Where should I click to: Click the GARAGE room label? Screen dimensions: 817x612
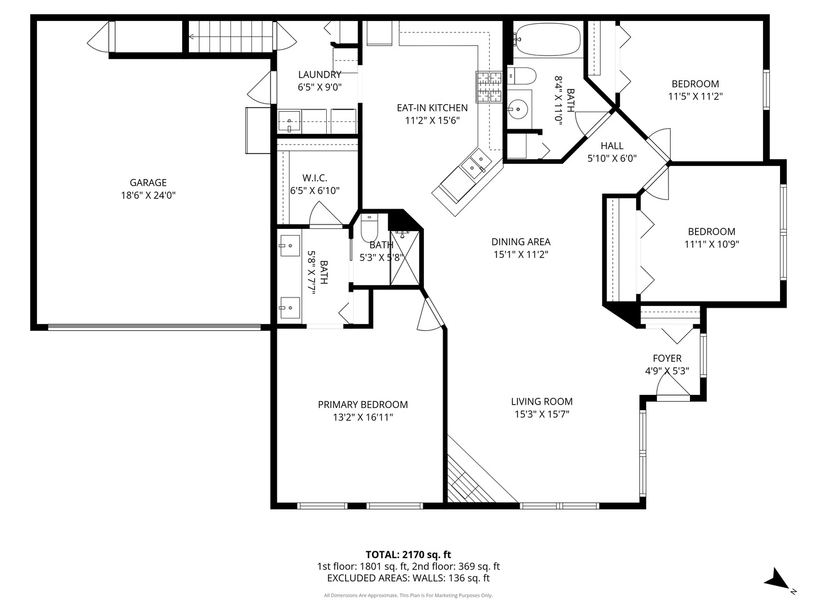tap(148, 182)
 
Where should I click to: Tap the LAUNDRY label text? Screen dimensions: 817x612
tap(320, 75)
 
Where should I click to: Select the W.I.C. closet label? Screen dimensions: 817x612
tap(315, 177)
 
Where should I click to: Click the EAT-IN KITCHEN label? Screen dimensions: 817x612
tap(432, 108)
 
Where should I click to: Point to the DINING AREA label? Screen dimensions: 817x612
tap(521, 242)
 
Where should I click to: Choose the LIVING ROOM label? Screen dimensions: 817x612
tap(542, 401)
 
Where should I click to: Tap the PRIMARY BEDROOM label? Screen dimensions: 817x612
tap(363, 404)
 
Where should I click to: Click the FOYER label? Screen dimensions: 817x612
tap(667, 358)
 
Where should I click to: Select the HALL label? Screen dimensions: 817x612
tap(612, 146)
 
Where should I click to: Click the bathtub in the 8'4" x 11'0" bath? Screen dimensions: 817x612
tap(547, 40)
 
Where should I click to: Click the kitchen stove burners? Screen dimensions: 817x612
tap(488, 87)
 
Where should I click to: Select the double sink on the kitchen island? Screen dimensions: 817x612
tap(476, 164)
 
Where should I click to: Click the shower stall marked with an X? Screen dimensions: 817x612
tap(405, 258)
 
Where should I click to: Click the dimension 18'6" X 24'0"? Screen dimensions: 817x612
tap(148, 195)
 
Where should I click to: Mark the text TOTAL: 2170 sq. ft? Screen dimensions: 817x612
tap(408, 554)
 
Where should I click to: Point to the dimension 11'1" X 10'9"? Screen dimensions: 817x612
tap(711, 244)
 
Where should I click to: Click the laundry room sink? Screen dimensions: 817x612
tap(289, 121)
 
